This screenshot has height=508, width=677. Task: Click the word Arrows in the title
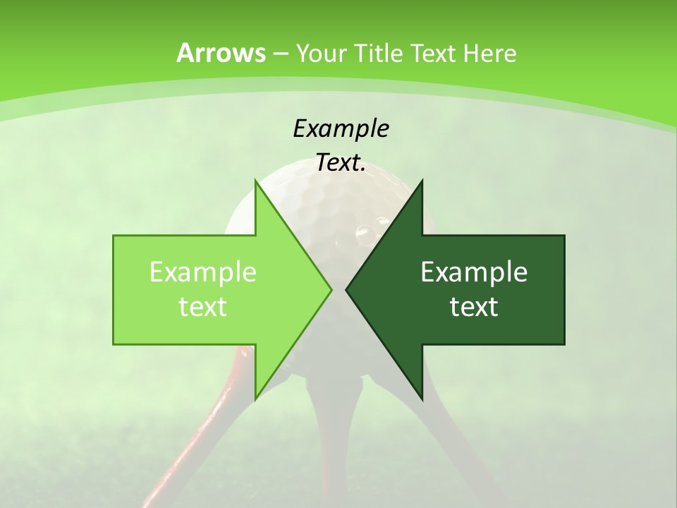(x=221, y=53)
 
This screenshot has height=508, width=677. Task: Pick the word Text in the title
(x=433, y=53)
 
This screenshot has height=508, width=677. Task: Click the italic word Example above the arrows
(x=341, y=128)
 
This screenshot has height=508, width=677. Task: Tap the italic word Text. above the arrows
(x=341, y=163)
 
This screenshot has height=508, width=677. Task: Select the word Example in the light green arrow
(x=203, y=272)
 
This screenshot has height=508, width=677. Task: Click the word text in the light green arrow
(x=203, y=307)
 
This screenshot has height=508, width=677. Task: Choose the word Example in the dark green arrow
(x=474, y=272)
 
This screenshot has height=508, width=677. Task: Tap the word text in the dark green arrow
(x=474, y=307)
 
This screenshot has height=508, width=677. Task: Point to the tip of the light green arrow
(x=331, y=289)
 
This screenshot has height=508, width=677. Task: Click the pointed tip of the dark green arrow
(x=346, y=289)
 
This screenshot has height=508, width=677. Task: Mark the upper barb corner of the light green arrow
(x=256, y=181)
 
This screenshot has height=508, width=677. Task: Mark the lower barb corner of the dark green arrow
(x=422, y=399)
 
